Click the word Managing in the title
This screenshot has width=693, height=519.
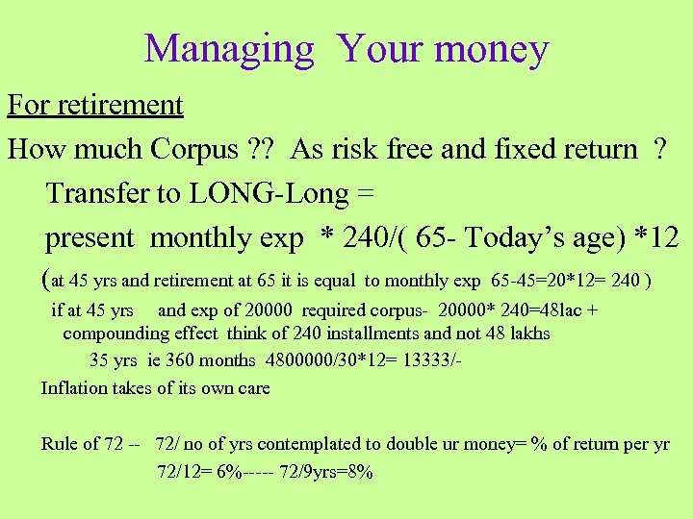point(229,49)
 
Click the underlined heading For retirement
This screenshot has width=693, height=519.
point(94,104)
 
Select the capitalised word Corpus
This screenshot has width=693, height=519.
point(194,149)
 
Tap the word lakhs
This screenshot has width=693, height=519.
point(522,334)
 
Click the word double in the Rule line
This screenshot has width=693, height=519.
point(412,444)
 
